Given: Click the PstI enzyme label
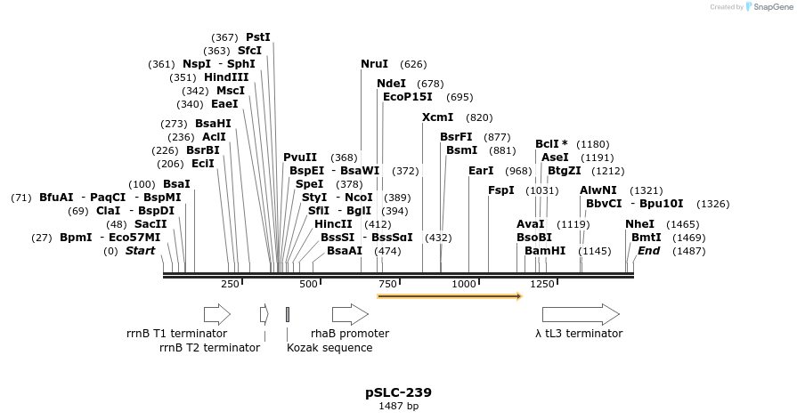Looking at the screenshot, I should point(257,37).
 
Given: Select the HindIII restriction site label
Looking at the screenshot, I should point(226,77).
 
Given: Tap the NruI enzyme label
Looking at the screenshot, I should point(374,64).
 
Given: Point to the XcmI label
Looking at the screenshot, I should point(437,117).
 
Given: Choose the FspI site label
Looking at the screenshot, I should point(500,190).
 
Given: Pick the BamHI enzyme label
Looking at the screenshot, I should point(545,251).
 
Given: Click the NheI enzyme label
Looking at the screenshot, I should point(639,224).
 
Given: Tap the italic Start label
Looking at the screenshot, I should point(140,251).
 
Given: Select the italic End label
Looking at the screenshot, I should point(648,251).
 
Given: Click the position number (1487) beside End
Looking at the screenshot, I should point(688,251).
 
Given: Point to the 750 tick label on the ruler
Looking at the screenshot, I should point(387,284).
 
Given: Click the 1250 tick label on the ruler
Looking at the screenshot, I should point(542,284).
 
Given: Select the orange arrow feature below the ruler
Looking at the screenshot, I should point(449,296).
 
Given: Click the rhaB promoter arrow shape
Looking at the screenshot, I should point(350,314).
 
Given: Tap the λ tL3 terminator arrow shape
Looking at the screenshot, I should point(581,314).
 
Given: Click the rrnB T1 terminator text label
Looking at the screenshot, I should point(176,334).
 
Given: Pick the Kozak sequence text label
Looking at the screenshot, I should point(329,348).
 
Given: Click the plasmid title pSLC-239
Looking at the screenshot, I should point(398,392).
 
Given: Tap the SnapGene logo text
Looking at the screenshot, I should point(772,7).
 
